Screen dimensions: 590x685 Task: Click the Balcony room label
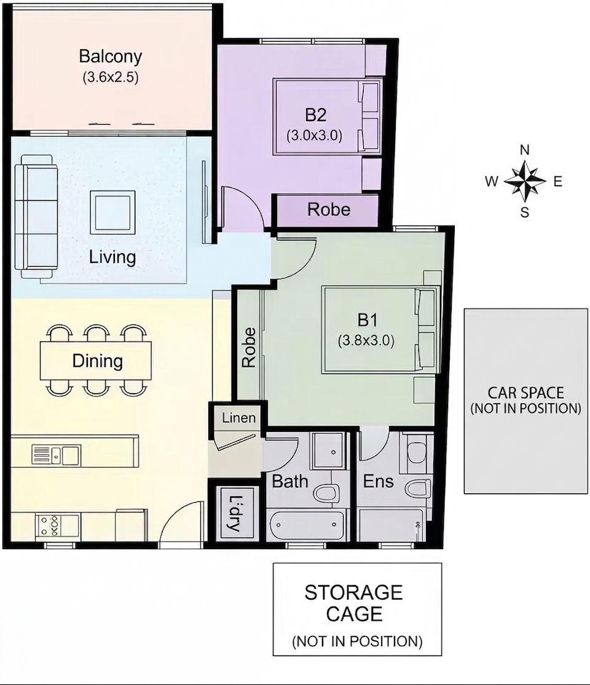click(x=111, y=57)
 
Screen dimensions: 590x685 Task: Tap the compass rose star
click(x=524, y=181)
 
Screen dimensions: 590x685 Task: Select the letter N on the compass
click(x=524, y=151)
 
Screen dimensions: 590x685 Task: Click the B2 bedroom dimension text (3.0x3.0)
click(x=314, y=135)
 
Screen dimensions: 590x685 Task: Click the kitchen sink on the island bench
click(x=56, y=455)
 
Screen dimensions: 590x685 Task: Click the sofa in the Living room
click(x=36, y=217)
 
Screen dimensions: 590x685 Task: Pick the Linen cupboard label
click(x=238, y=418)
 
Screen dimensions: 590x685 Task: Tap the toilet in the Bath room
click(x=326, y=492)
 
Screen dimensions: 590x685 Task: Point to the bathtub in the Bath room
click(x=307, y=524)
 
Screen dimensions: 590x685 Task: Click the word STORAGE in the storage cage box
click(x=353, y=593)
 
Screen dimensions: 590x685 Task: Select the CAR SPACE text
click(x=525, y=393)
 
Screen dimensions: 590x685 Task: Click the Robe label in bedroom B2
click(x=329, y=209)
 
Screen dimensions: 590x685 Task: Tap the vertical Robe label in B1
click(x=249, y=348)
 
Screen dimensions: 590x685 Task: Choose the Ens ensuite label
click(x=379, y=482)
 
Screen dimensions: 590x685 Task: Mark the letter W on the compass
click(x=492, y=181)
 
